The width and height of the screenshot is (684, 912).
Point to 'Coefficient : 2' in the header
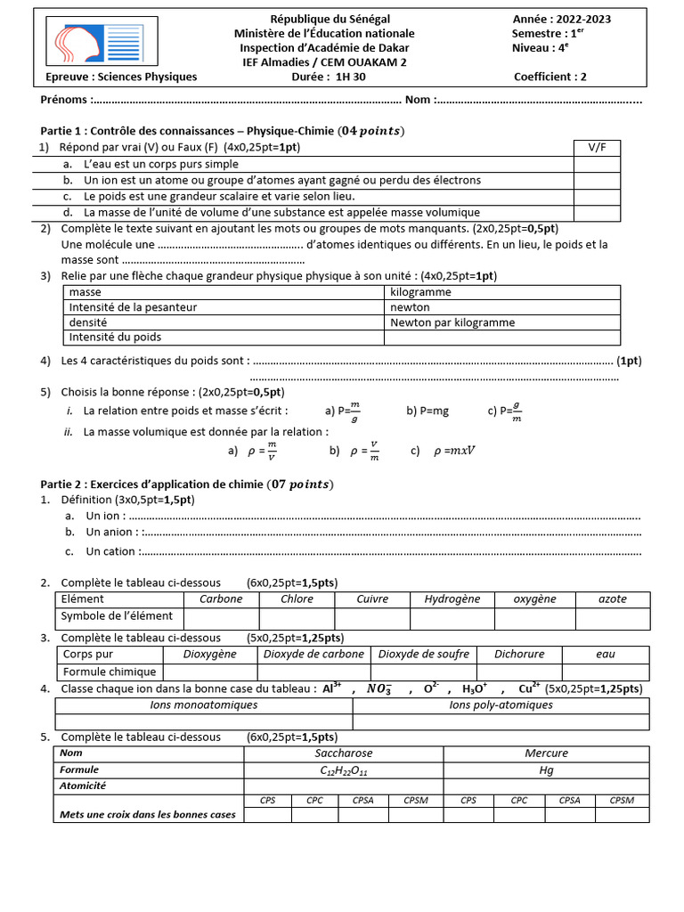(x=550, y=77)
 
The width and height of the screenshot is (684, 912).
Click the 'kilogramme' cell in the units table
(x=420, y=292)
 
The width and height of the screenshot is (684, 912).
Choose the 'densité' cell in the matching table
(x=88, y=322)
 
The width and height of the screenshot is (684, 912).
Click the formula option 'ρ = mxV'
(x=453, y=451)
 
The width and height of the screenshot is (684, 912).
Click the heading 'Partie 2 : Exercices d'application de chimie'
(x=187, y=484)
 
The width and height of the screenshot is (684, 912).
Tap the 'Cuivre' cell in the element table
(x=371, y=599)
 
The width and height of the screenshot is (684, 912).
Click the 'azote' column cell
(x=612, y=599)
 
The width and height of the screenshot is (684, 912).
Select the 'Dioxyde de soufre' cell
(x=423, y=654)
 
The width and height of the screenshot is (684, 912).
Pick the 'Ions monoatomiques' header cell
(x=204, y=704)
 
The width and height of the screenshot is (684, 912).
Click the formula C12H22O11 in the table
(x=343, y=769)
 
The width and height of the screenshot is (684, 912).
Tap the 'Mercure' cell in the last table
(x=546, y=753)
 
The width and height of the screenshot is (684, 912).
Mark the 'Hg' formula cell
(x=546, y=769)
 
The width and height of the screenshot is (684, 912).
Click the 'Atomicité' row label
(x=83, y=786)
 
